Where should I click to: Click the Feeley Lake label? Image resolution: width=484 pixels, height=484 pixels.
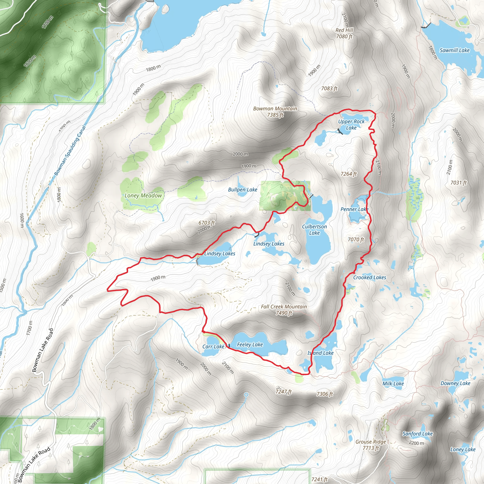point(250,345)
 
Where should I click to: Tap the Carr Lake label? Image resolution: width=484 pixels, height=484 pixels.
point(213,347)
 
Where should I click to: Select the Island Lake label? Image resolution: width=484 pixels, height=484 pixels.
point(320,353)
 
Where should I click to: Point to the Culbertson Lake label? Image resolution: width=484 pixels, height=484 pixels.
point(314,230)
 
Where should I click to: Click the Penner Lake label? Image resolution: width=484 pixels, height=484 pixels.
point(354,209)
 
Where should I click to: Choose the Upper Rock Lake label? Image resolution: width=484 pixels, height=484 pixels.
point(351,125)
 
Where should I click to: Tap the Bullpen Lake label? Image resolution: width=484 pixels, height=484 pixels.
point(242,190)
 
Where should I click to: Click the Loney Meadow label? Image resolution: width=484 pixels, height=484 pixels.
point(143,195)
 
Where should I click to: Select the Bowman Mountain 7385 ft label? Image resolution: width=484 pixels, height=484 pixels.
point(275,112)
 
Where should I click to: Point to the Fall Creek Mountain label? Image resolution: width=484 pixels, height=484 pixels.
point(284,310)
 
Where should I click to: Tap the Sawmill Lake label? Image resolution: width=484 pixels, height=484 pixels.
point(454,50)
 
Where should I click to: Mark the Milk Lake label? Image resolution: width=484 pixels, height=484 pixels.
point(393,384)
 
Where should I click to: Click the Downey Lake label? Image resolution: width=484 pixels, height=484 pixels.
point(455,383)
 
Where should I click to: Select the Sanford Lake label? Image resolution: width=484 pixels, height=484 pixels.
point(418,434)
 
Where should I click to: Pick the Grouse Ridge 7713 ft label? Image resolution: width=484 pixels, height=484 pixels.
point(371,445)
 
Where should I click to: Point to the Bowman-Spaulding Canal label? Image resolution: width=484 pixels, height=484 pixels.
point(70,151)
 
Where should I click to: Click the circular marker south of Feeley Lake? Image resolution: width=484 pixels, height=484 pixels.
point(246,395)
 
